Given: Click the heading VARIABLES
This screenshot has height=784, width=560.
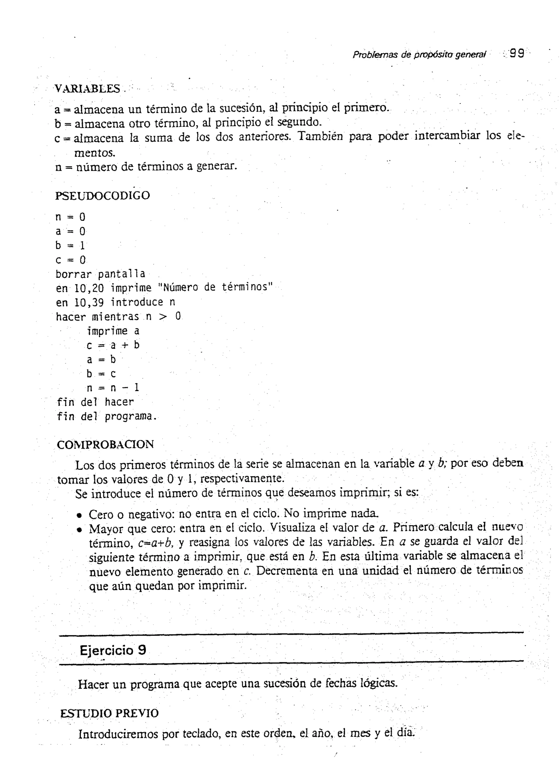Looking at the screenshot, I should point(87,89).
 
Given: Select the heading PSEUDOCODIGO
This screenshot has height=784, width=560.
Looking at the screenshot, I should point(103,195).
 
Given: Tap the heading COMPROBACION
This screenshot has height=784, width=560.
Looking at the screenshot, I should point(105,444).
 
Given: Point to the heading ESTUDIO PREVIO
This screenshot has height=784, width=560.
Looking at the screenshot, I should point(109,713).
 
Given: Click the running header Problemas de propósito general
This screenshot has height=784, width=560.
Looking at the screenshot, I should point(419,54).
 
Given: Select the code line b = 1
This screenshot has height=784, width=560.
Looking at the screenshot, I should point(70,245).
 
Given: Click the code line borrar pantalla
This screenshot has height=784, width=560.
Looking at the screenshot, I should point(100,274).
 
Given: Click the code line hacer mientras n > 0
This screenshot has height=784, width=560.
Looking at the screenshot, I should point(118,317).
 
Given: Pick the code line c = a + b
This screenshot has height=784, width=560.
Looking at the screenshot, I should point(113,345).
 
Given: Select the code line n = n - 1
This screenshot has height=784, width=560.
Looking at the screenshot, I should point(113,388).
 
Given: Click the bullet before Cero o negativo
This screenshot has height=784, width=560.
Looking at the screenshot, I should point(79,516).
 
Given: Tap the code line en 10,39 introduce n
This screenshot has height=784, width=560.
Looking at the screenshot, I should point(115,302).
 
